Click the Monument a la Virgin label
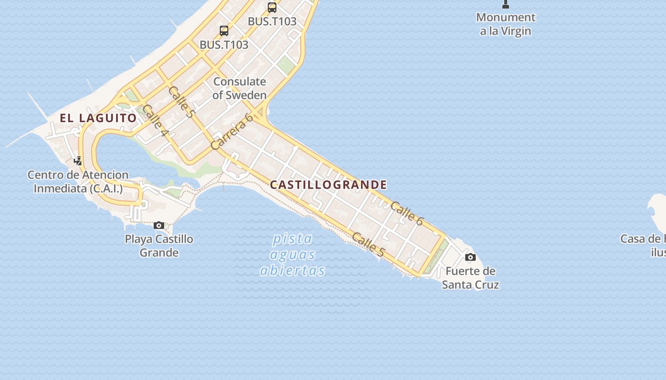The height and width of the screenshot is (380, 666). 506,24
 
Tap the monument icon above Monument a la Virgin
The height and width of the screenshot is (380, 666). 506,4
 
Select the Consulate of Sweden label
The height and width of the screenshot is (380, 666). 239,88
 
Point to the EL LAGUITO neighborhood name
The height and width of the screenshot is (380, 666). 98,118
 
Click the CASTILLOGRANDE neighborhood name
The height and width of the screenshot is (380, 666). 328,185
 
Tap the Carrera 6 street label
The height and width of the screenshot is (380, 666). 232,132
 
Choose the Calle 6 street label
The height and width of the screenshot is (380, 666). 407,213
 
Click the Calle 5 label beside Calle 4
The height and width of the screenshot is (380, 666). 182,102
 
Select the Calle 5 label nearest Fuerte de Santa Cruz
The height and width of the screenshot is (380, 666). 368,245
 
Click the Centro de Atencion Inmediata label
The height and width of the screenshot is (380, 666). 78,181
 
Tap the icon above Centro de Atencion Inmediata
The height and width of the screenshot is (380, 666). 78,161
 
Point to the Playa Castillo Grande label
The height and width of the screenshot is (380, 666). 159,245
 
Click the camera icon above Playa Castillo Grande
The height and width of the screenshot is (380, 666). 159,225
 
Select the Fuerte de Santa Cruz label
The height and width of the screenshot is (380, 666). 470,278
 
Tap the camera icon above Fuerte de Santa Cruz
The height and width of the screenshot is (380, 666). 470,257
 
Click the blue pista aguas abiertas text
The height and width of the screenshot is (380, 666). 293,255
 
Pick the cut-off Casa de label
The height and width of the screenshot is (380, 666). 643,245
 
